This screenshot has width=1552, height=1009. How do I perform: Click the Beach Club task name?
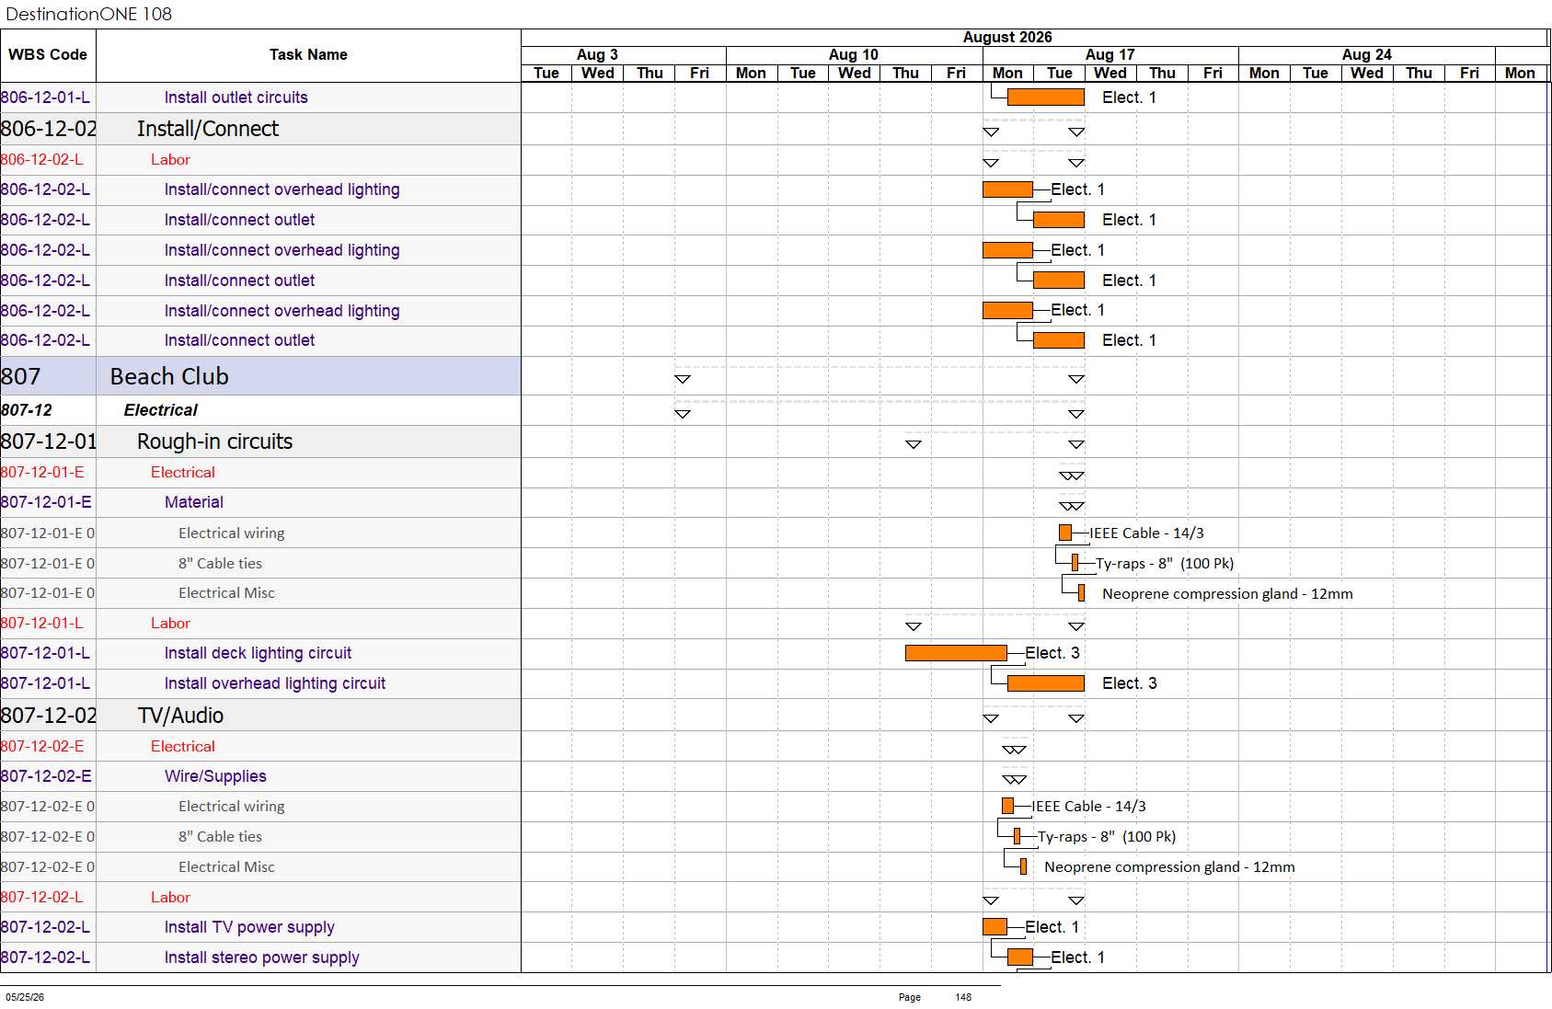pyautogui.click(x=169, y=376)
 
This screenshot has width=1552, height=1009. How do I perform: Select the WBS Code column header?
pyautogui.click(x=48, y=54)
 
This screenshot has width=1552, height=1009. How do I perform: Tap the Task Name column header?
pyautogui.click(x=308, y=54)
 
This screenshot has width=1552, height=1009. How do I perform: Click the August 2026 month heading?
pyautogui.click(x=1006, y=38)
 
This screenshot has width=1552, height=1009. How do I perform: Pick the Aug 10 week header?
pyautogui.click(x=854, y=54)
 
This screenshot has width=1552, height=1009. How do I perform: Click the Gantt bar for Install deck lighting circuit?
pyautogui.click(x=956, y=653)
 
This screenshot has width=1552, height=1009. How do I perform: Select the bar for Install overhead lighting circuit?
pyautogui.click(x=1045, y=683)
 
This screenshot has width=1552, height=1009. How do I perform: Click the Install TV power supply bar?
pyautogui.click(x=994, y=926)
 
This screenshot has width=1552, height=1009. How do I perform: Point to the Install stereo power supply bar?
pyautogui.click(x=1020, y=957)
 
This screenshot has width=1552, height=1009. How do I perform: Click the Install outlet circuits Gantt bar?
pyautogui.click(x=1045, y=97)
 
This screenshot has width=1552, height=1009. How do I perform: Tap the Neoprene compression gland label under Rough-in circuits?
pyautogui.click(x=1227, y=594)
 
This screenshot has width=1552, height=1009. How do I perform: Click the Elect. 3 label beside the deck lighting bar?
pyautogui.click(x=1052, y=653)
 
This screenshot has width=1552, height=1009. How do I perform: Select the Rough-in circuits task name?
pyautogui.click(x=214, y=441)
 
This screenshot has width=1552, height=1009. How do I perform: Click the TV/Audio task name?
pyautogui.click(x=180, y=716)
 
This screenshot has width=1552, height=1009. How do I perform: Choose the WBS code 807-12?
pyautogui.click(x=27, y=410)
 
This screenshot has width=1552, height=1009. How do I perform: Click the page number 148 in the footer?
pyautogui.click(x=963, y=997)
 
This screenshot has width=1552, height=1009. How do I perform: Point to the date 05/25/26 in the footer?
pyautogui.click(x=25, y=997)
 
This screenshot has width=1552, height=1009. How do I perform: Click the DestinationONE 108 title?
pyautogui.click(x=88, y=14)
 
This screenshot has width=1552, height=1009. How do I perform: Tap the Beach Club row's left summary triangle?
pyautogui.click(x=683, y=380)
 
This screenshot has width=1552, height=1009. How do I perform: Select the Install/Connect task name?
pyautogui.click(x=208, y=129)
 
